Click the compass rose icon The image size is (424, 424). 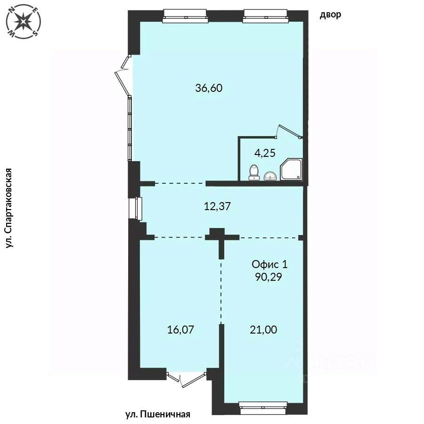click(x=24, y=21)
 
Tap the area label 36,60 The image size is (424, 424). click(x=209, y=88)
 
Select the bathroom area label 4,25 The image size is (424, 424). click(x=265, y=153)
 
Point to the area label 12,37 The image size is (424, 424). click(x=217, y=207)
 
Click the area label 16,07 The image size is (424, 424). click(x=180, y=330)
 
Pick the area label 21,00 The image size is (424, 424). click(x=263, y=330)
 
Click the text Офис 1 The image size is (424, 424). click(x=269, y=264)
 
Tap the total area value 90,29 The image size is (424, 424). click(x=269, y=277)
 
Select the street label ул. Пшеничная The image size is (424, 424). click(x=158, y=414)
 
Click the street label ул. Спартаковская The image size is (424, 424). click(x=9, y=208)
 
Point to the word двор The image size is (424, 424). click(x=330, y=15)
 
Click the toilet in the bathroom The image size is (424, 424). click(x=254, y=172)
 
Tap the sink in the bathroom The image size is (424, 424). click(x=270, y=176)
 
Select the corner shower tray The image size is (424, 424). click(x=291, y=169)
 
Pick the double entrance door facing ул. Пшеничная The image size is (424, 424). click(x=186, y=380)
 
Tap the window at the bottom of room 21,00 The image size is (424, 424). click(x=263, y=408)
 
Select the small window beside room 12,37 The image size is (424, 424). click(x=136, y=209)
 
